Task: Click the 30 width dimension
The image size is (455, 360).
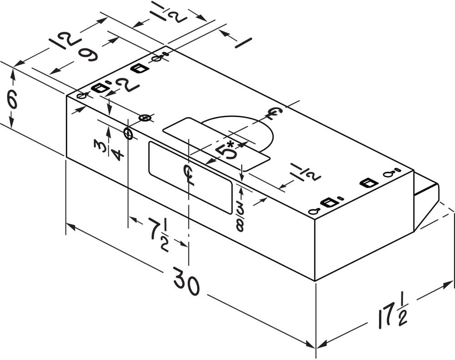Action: click(187, 285)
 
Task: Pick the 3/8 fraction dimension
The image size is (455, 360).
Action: click(239, 217)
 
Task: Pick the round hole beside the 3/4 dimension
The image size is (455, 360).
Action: click(128, 134)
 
